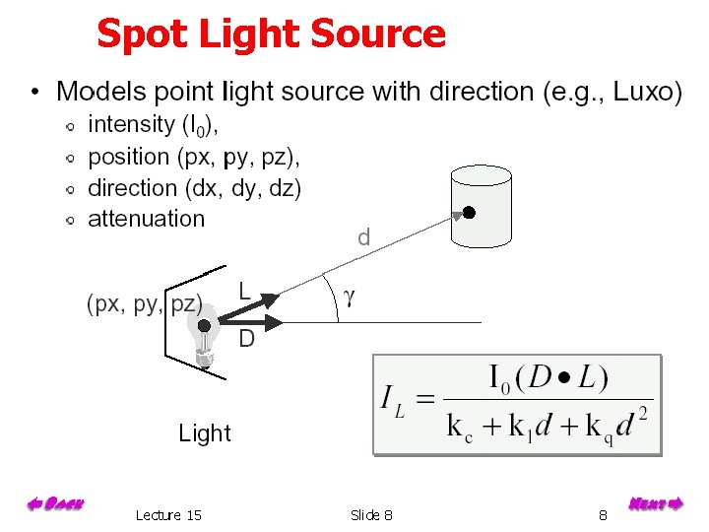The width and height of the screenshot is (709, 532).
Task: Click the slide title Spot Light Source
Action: [x=271, y=34]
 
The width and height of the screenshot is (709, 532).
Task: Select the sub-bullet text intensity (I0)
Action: [x=154, y=125]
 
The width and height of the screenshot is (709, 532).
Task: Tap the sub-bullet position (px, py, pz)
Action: [x=194, y=157]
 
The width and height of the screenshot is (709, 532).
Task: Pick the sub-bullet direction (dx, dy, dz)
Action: [x=194, y=188]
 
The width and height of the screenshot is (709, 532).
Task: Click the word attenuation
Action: [x=146, y=219]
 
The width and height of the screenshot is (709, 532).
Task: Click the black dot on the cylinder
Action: [x=470, y=213]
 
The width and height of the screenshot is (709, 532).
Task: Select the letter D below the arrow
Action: [x=247, y=340]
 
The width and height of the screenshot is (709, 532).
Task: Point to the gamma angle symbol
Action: [x=349, y=297]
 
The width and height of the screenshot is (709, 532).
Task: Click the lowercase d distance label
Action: [x=364, y=237]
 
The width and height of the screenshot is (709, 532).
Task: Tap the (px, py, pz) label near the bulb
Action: [x=145, y=303]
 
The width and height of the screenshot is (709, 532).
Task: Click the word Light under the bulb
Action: [x=205, y=433]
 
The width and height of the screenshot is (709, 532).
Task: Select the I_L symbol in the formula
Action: [x=395, y=401]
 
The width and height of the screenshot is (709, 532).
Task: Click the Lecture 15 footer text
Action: [x=168, y=515]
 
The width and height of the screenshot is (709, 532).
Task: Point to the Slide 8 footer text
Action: [x=371, y=515]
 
